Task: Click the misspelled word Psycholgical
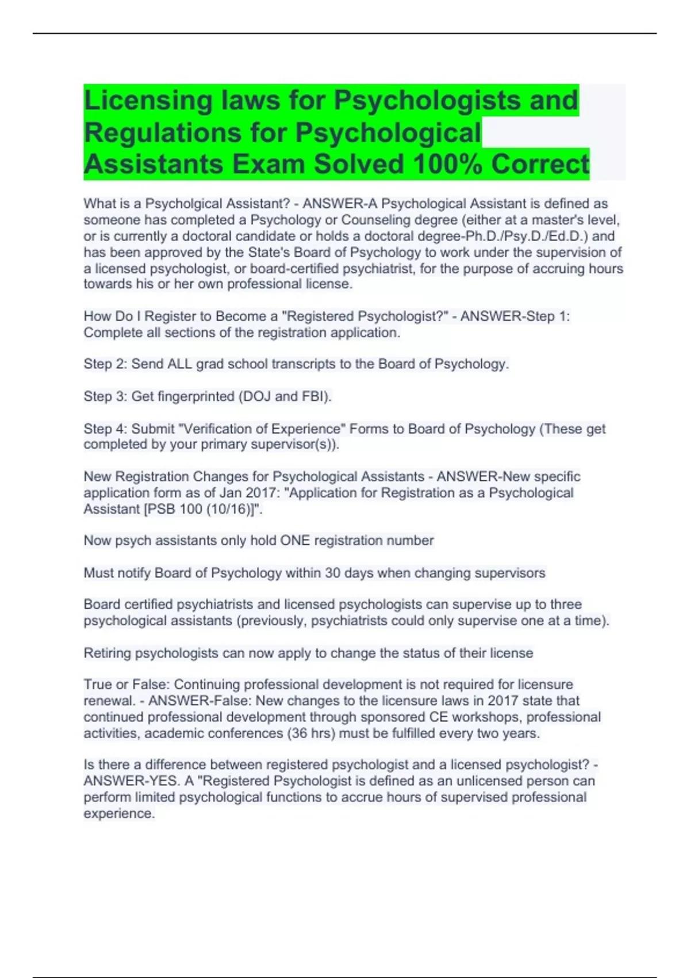pyautogui.click(x=183, y=204)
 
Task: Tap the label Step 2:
pyautogui.click(x=105, y=364)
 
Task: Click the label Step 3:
pyautogui.click(x=105, y=396)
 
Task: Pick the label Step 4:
pyautogui.click(x=105, y=429)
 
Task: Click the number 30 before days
pyautogui.click(x=333, y=573)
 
